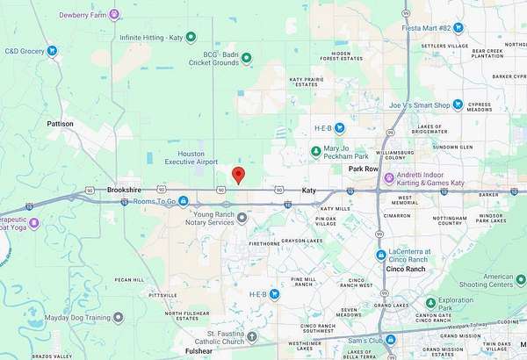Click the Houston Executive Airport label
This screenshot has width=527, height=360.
click(x=192, y=157)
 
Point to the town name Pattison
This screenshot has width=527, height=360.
click(x=61, y=125)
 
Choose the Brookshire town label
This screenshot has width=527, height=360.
click(x=124, y=190)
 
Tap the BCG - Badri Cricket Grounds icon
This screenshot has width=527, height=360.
click(x=247, y=58)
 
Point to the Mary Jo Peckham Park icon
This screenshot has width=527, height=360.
click(x=316, y=152)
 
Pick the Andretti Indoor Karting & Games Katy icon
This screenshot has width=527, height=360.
click(x=387, y=178)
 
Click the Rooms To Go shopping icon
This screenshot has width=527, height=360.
click(x=183, y=201)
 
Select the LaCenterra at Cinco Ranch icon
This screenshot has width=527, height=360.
click(x=380, y=256)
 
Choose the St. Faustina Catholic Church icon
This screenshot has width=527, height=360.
click(x=252, y=336)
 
